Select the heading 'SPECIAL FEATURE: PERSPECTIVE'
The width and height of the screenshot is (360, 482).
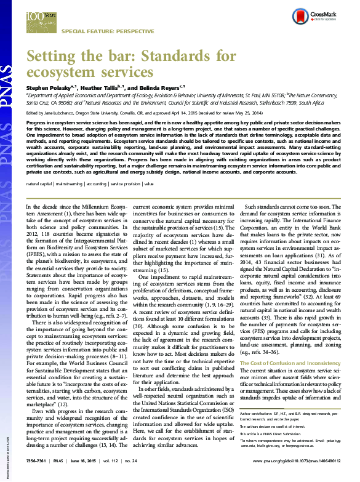point(97,30)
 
